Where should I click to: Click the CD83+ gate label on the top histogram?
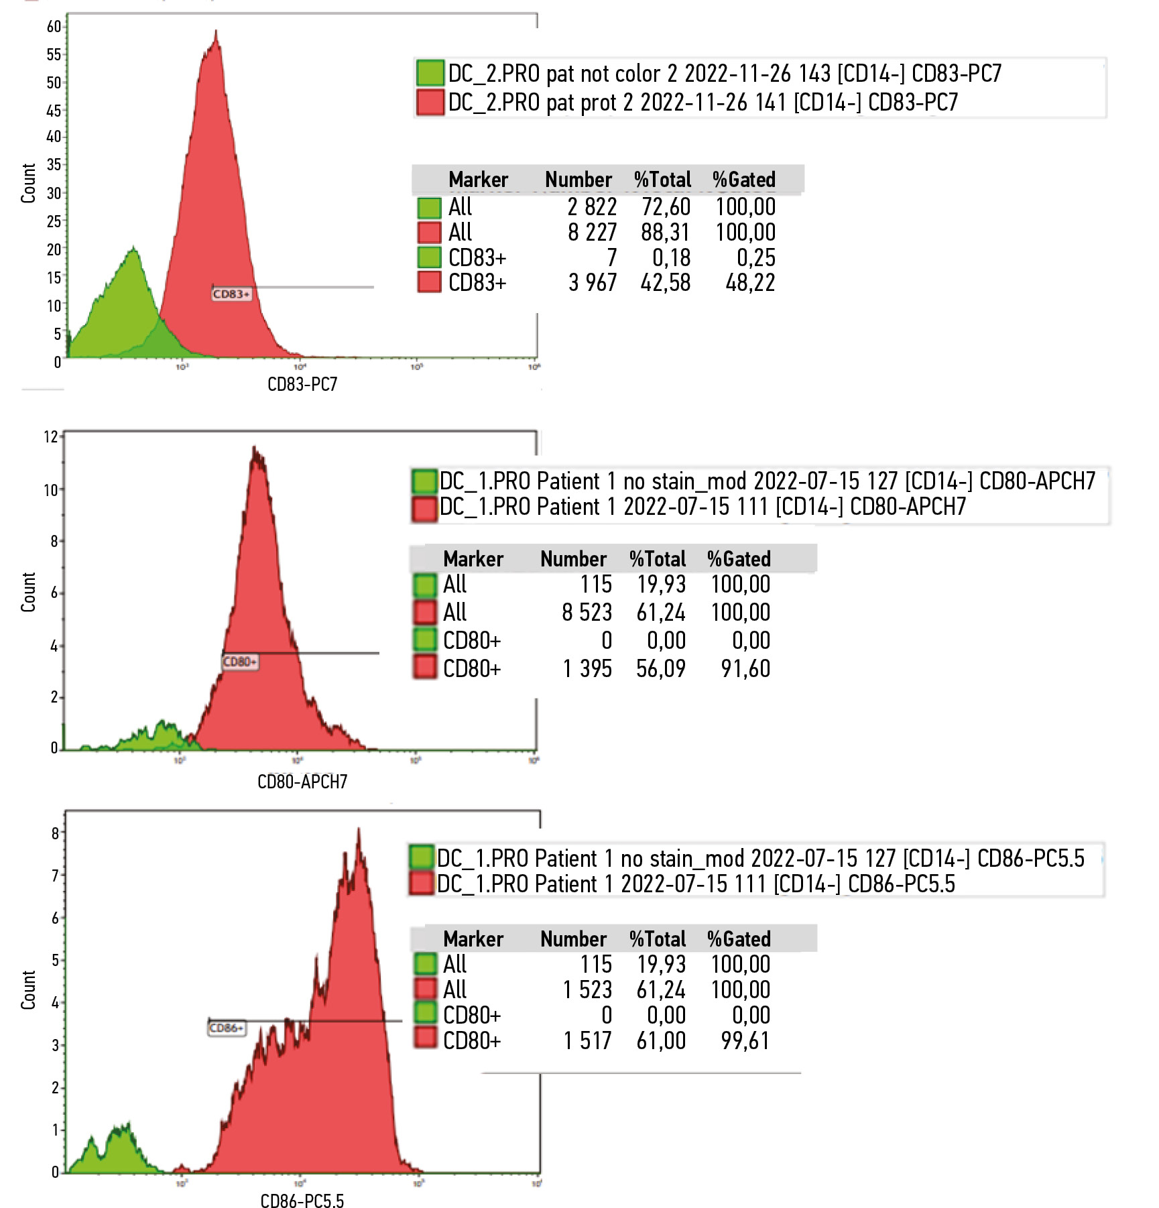click(x=231, y=294)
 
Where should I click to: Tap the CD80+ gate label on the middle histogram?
click(x=239, y=662)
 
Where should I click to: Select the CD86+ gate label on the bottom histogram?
click(x=227, y=1028)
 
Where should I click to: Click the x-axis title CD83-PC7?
click(x=302, y=384)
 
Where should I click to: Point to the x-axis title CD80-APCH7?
click(x=302, y=782)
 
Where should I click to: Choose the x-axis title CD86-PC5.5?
click(x=302, y=1201)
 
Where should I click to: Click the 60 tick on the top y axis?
click(x=54, y=27)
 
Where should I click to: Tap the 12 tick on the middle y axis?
click(x=51, y=437)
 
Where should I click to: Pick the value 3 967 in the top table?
click(x=593, y=283)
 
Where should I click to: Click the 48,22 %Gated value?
click(x=750, y=283)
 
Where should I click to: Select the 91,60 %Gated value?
click(x=745, y=668)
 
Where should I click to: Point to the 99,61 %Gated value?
click(x=745, y=1040)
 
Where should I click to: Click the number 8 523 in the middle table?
click(x=587, y=612)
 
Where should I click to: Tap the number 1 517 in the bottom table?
click(x=588, y=1040)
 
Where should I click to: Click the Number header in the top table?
click(x=578, y=180)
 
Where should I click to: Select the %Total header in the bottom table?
click(x=658, y=939)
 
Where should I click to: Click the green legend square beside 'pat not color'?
click(x=430, y=73)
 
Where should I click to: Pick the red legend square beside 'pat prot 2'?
click(x=430, y=102)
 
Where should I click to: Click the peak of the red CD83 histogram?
click(x=216, y=32)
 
